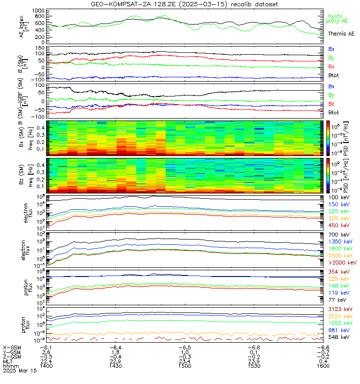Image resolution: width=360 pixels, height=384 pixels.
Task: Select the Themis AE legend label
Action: (x=341, y=34)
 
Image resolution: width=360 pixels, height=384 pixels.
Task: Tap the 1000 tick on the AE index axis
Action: (x=38, y=10)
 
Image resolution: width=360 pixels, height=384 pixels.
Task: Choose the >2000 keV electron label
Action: (x=342, y=263)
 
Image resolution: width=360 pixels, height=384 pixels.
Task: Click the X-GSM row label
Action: (x=12, y=347)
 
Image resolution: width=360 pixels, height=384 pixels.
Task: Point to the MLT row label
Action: (x=8, y=361)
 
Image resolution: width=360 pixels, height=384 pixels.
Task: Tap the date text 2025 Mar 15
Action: (x=19, y=371)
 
